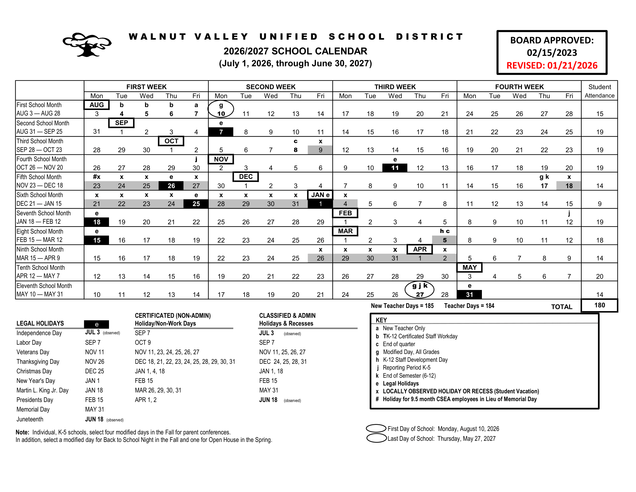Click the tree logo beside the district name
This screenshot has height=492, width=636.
pyautogui.click(x=87, y=45)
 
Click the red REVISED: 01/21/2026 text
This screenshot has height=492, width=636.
pyautogui.click(x=552, y=65)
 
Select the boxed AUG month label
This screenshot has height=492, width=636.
pyautogui.click(x=97, y=105)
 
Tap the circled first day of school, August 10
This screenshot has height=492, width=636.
pyautogui.click(x=221, y=109)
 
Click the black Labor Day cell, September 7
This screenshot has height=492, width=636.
pyautogui.click(x=221, y=132)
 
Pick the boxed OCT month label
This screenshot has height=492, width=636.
pyautogui.click(x=171, y=141)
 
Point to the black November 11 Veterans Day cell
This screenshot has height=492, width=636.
pyautogui.click(x=395, y=168)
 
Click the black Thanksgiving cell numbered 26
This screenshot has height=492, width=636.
pyautogui.click(x=171, y=186)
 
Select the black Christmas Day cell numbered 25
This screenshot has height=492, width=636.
pyautogui.click(x=196, y=204)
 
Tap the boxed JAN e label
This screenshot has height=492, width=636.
pyautogui.click(x=320, y=195)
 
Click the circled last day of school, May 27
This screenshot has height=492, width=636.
pyautogui.click(x=419, y=290)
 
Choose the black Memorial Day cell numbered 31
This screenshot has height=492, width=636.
pyautogui.click(x=469, y=295)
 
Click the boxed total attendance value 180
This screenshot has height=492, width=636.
pyautogui.click(x=599, y=305)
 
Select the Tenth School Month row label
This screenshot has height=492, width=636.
pyautogui.click(x=41, y=268)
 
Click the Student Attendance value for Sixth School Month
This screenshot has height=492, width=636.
pyautogui.click(x=599, y=204)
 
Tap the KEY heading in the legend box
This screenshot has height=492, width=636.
pyautogui.click(x=381, y=320)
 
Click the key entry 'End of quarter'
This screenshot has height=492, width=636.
pyautogui.click(x=399, y=344)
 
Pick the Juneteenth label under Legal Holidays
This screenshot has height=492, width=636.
pyautogui.click(x=30, y=419)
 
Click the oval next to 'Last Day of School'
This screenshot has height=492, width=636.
pyautogui.click(x=376, y=438)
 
